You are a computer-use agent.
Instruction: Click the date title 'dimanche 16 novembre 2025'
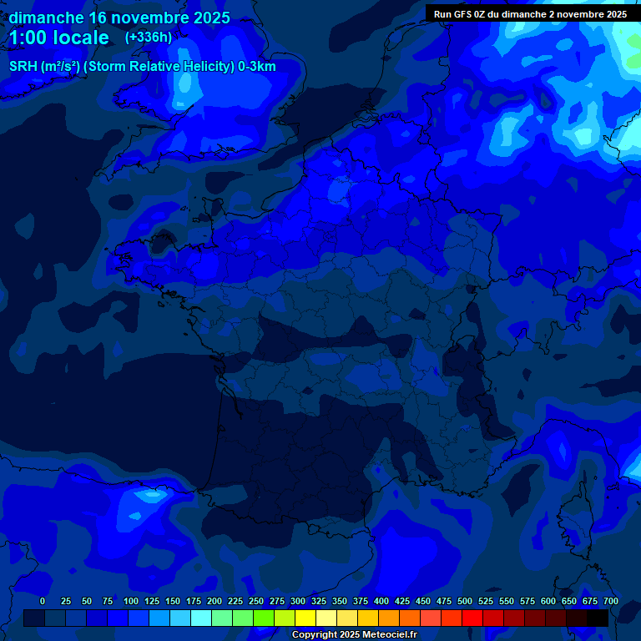(119, 18)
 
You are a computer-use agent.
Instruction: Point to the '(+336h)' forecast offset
(149, 38)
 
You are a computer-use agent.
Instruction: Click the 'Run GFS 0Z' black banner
(530, 14)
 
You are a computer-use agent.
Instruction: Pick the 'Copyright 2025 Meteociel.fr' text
(354, 635)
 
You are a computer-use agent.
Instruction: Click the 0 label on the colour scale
(43, 601)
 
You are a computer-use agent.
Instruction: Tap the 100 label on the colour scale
(131, 601)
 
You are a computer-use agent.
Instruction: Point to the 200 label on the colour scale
(215, 601)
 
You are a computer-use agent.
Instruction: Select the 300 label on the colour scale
(298, 601)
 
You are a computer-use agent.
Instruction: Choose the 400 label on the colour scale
(381, 601)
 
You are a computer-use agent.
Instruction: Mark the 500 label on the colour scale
(465, 601)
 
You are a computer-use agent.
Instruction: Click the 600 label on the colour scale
(548, 601)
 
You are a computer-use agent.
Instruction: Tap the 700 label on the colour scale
(611, 601)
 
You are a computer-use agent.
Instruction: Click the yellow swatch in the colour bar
(305, 618)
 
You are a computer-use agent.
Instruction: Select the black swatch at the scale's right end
(598, 618)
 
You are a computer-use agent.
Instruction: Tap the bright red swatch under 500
(472, 618)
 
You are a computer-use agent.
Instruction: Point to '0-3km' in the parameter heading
(257, 67)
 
